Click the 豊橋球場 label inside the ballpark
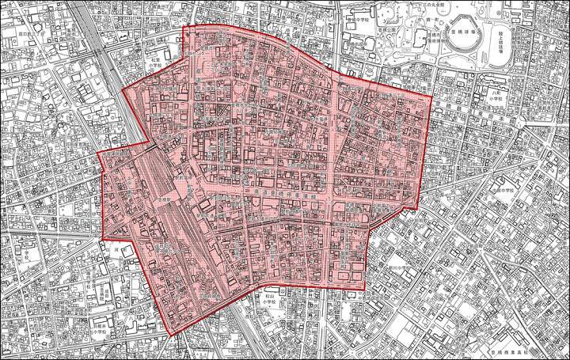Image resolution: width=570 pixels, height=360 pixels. click(462, 34)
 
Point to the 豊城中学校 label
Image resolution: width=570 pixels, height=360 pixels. click(359, 20)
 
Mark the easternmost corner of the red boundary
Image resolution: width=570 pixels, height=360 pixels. click(432, 97)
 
